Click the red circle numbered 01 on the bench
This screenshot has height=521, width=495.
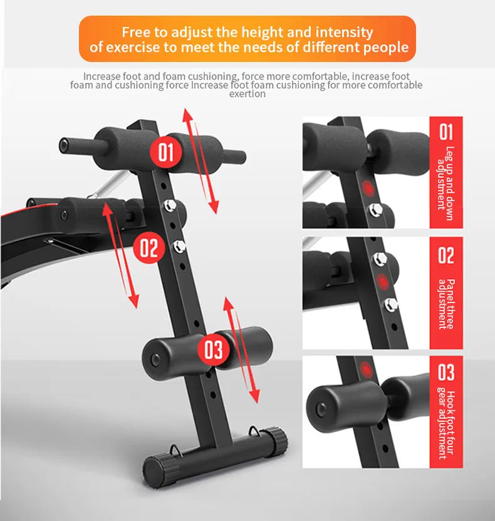pyautogui.click(x=165, y=152)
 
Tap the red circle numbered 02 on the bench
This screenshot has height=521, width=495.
pyautogui.click(x=148, y=248)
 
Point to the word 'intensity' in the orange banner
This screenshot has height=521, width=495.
pyautogui.click(x=344, y=32)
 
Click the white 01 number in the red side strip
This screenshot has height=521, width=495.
pyautogui.click(x=445, y=132)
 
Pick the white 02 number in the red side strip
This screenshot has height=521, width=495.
pyautogui.click(x=445, y=255)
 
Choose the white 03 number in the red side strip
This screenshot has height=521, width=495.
pyautogui.click(x=445, y=373)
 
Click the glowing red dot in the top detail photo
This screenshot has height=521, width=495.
pyautogui.click(x=368, y=188)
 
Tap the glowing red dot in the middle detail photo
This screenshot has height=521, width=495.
pyautogui.click(x=380, y=281)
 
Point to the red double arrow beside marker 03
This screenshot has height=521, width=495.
pyautogui.click(x=241, y=350)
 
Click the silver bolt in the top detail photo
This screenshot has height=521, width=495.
pyautogui.click(x=375, y=209)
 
